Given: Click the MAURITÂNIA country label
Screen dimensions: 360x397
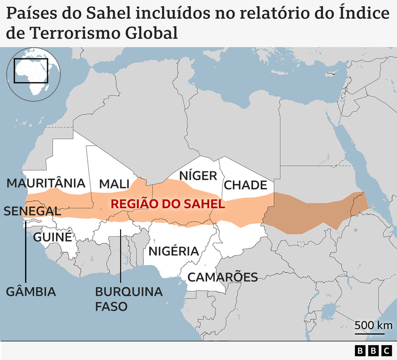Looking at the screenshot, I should (x=46, y=183).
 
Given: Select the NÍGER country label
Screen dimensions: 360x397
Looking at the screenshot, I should (x=198, y=176).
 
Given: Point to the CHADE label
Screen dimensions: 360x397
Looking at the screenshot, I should (x=246, y=185).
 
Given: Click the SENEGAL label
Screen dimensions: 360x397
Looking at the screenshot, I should (x=32, y=211).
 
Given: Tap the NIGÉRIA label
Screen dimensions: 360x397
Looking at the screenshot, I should (x=173, y=251).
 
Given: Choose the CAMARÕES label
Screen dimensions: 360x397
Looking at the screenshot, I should (x=222, y=277).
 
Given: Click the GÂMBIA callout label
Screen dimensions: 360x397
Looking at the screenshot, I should (x=31, y=292).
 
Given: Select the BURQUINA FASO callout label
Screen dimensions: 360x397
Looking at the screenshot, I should (x=128, y=299).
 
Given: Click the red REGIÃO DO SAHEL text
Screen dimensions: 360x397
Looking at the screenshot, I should (x=168, y=204).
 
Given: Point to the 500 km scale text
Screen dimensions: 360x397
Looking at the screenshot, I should (x=373, y=325).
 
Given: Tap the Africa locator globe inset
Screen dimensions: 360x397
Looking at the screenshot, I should (x=33, y=74).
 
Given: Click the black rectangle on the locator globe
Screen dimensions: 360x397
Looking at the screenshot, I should (x=31, y=70).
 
